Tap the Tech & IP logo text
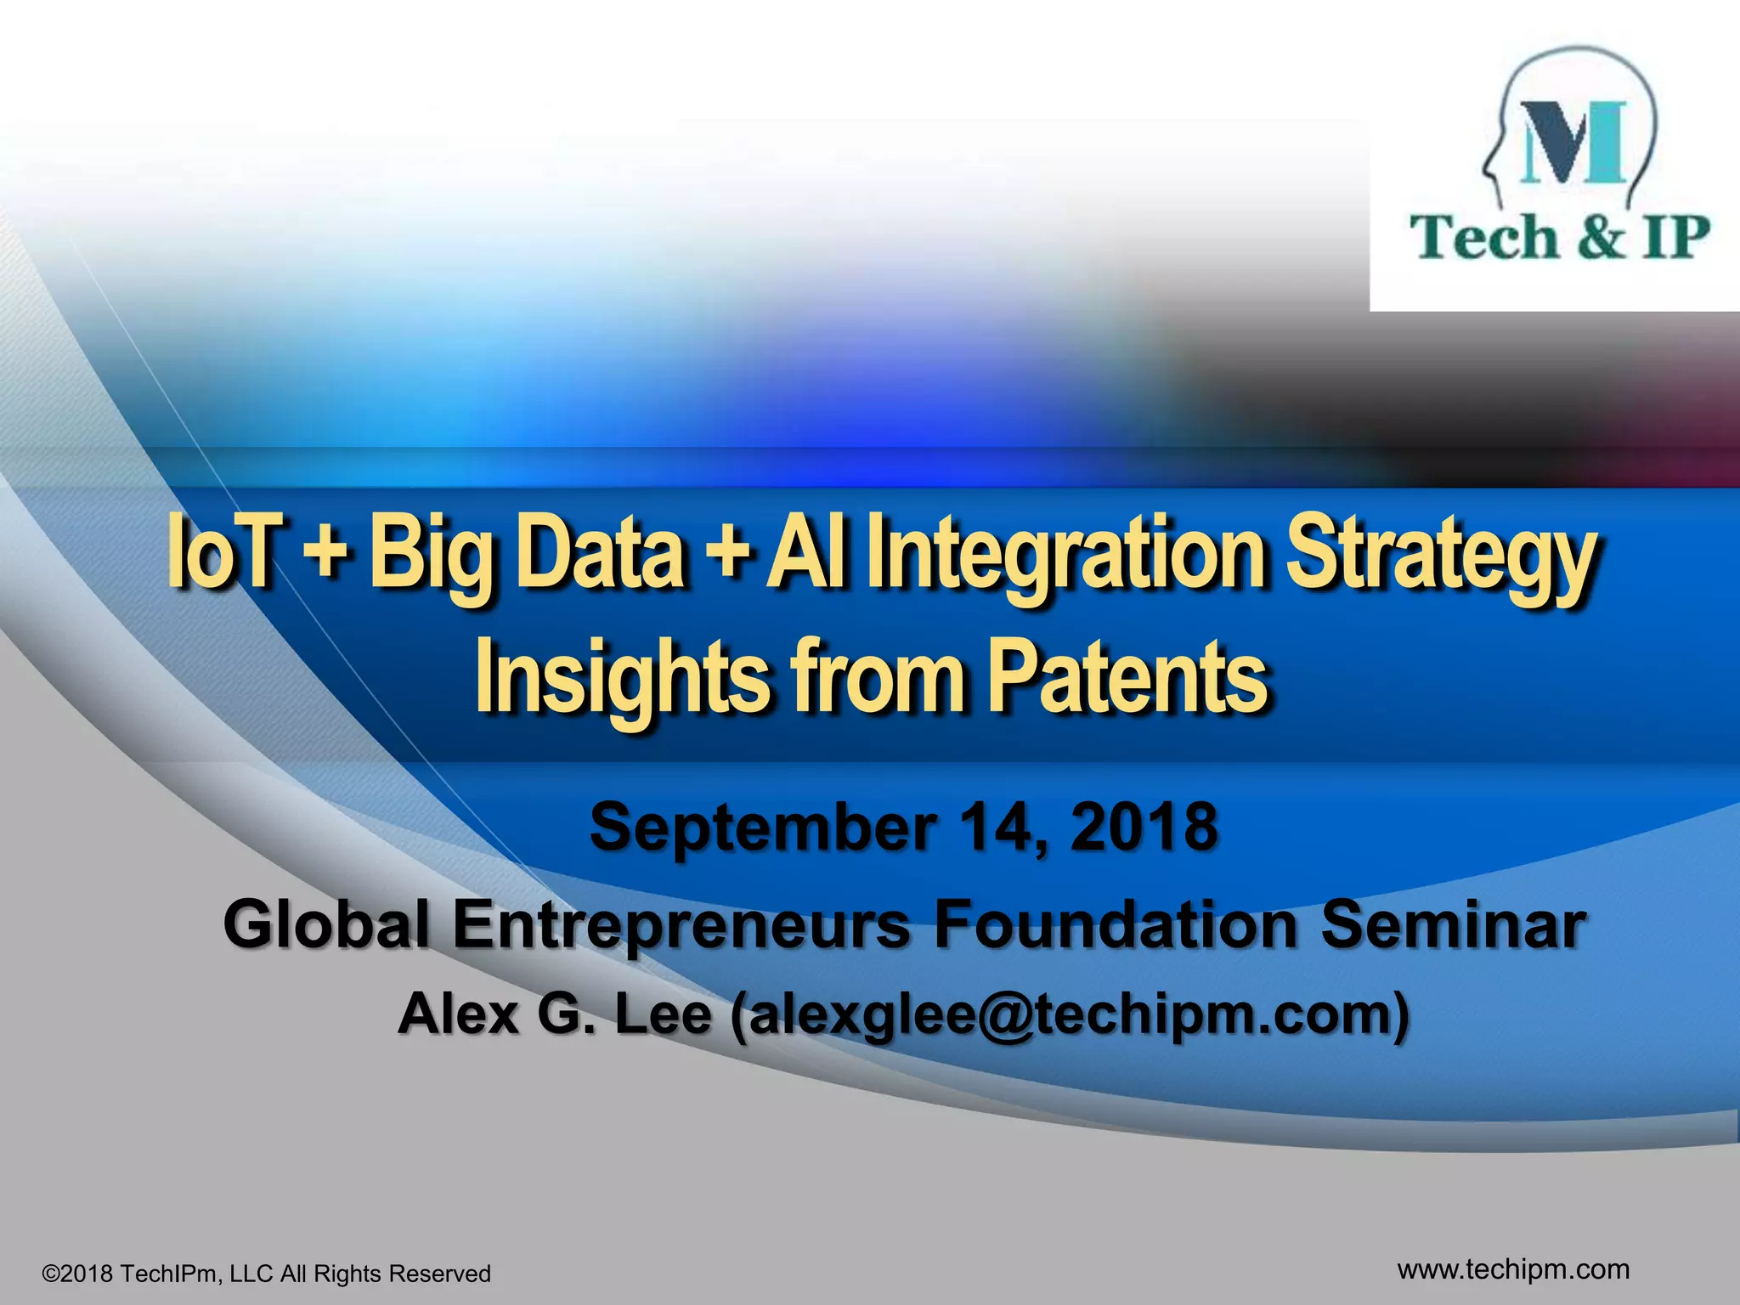[1558, 237]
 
